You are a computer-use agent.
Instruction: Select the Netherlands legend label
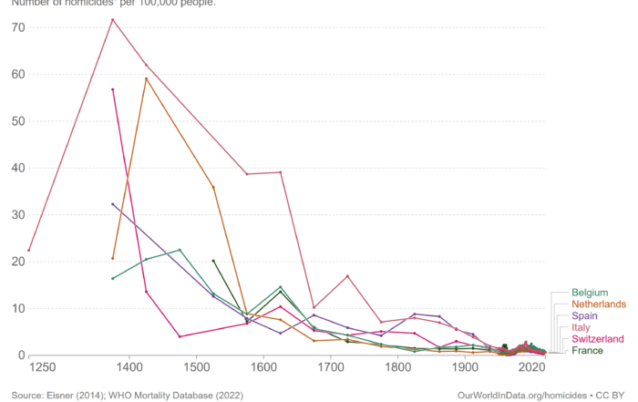[x=599, y=304]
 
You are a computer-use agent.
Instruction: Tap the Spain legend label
[x=586, y=315]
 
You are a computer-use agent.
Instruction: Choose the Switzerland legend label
[x=599, y=339]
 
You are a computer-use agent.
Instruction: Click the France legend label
[x=589, y=351]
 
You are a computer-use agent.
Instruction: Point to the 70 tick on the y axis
[x=18, y=26]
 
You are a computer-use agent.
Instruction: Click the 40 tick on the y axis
[x=18, y=168]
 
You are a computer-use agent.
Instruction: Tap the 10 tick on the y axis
[x=18, y=308]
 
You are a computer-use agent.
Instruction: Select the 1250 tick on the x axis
[x=42, y=367]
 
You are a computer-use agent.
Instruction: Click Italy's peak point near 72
[x=113, y=19]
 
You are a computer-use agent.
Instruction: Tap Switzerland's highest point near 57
[x=113, y=89]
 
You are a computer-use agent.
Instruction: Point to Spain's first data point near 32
[x=113, y=204]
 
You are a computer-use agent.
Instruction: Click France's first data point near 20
[x=213, y=261]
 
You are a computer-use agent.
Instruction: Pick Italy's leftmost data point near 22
[x=29, y=250]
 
